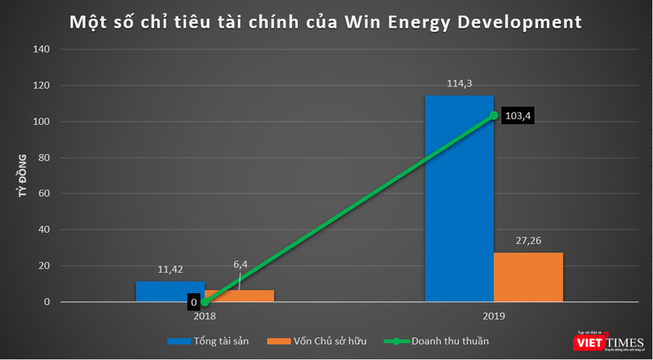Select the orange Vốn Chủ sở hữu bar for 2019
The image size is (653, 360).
coord(528,278)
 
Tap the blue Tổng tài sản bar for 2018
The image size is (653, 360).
coord(158,292)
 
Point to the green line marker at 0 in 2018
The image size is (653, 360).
coord(204,302)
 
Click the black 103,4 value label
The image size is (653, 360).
coord(518,117)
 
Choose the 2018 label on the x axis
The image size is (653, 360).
coord(204,315)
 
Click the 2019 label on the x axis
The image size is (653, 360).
coord(493,315)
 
